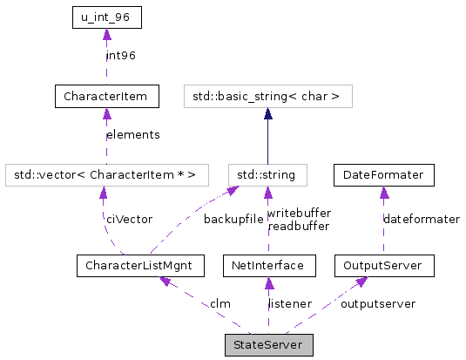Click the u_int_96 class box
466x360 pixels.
pos(105,17)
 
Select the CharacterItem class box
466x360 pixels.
pos(105,96)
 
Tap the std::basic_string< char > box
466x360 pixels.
pos(267,96)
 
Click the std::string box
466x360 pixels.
pos(267,175)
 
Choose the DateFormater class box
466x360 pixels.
pos(383,175)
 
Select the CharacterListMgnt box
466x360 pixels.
pos(139,264)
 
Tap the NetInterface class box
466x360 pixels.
pos(267,264)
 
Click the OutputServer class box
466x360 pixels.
pos(383,264)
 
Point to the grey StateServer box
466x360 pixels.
pos(267,344)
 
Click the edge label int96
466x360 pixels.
pos(121,56)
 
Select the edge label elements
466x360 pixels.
pos(132,135)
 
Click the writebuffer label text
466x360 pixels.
pos(298,213)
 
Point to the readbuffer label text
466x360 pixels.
pos(298,225)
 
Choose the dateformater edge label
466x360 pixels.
pos(422,219)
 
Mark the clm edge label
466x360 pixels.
pos(219,303)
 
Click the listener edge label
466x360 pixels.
pos(289,303)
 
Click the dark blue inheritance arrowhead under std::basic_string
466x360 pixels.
pos(267,113)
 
